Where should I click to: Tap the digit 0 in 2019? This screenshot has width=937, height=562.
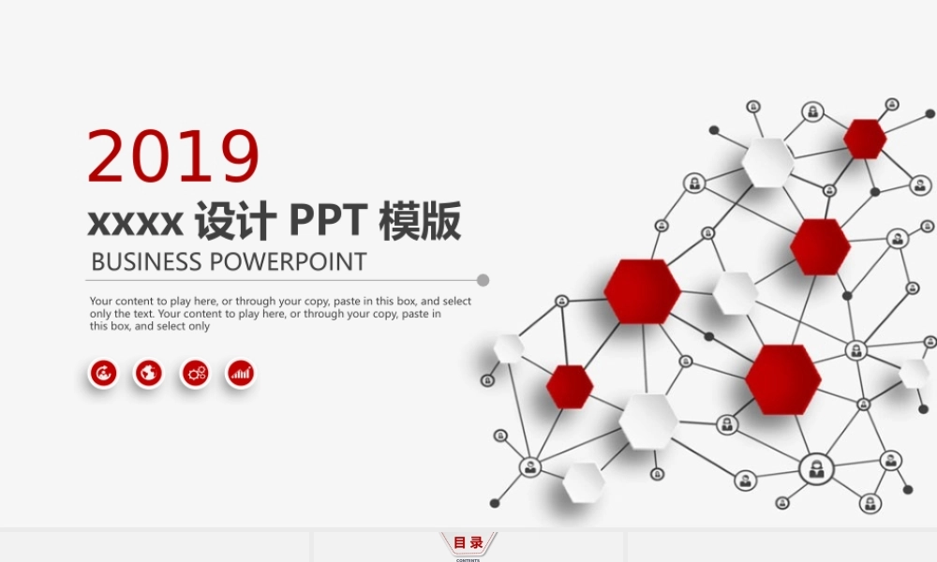click(x=154, y=156)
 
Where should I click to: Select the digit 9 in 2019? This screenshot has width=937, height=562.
click(x=237, y=156)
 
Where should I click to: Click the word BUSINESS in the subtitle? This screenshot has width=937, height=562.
click(x=146, y=261)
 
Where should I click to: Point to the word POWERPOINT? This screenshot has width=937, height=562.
click(x=288, y=261)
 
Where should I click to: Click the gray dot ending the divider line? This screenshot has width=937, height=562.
click(x=483, y=280)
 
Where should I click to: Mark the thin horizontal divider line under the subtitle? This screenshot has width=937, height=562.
click(x=281, y=280)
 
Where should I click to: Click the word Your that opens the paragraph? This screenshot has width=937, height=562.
click(x=101, y=302)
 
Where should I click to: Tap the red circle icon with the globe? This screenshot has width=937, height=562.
click(x=147, y=374)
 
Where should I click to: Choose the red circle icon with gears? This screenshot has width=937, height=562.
click(x=195, y=374)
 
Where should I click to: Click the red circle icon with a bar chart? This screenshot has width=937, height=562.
click(x=241, y=374)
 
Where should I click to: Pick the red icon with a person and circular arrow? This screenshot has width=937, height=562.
click(x=103, y=374)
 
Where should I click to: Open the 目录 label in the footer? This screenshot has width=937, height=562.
click(x=468, y=542)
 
